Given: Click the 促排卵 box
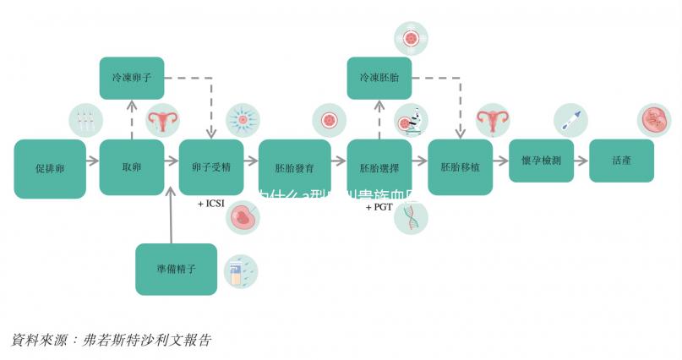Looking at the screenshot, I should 50,168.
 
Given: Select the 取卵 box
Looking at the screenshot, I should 131,167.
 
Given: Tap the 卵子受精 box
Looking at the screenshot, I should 211,167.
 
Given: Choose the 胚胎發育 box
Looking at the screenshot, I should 294,167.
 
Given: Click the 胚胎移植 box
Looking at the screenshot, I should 460,167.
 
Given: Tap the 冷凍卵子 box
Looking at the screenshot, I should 131,78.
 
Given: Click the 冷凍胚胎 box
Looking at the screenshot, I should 379,78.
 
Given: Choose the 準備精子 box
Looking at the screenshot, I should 176,269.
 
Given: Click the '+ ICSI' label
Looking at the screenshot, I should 211,205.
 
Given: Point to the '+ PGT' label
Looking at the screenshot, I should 380,207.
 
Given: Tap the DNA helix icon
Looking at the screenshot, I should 412,217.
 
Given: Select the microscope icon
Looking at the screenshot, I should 412,122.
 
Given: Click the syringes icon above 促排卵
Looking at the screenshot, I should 85,121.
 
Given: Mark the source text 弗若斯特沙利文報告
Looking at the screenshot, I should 149,340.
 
